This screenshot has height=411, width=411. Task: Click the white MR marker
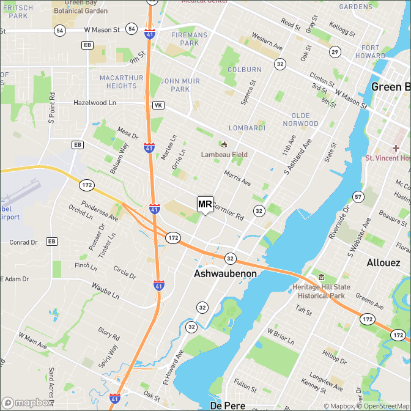(x=205, y=204)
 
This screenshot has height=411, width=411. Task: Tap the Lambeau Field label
(x=224, y=155)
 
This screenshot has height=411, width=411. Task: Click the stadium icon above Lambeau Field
(x=224, y=145)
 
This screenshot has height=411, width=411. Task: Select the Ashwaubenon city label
(x=225, y=274)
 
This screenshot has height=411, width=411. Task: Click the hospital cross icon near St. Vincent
(x=396, y=148)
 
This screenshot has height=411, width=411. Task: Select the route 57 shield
(x=358, y=196)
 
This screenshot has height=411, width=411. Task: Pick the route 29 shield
(x=335, y=51)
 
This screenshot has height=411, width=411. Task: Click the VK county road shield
(x=158, y=105)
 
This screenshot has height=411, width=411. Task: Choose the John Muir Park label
(x=180, y=85)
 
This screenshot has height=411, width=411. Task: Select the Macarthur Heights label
(x=121, y=82)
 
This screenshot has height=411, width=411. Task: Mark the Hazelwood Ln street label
(x=95, y=103)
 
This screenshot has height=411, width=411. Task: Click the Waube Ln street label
(x=105, y=291)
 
